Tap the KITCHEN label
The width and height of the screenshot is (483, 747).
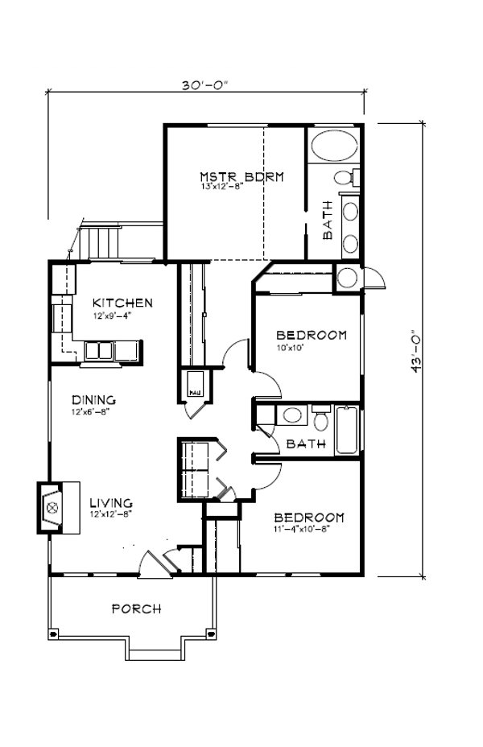122,303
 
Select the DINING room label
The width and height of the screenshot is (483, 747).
93,400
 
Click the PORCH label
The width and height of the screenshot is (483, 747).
136,609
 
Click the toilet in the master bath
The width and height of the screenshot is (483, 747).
346,177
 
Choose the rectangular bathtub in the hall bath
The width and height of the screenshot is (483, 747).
348,431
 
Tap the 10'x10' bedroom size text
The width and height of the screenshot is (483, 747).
288,348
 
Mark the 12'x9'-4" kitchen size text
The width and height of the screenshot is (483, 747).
110,316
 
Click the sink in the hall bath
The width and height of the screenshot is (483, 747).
292,415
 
